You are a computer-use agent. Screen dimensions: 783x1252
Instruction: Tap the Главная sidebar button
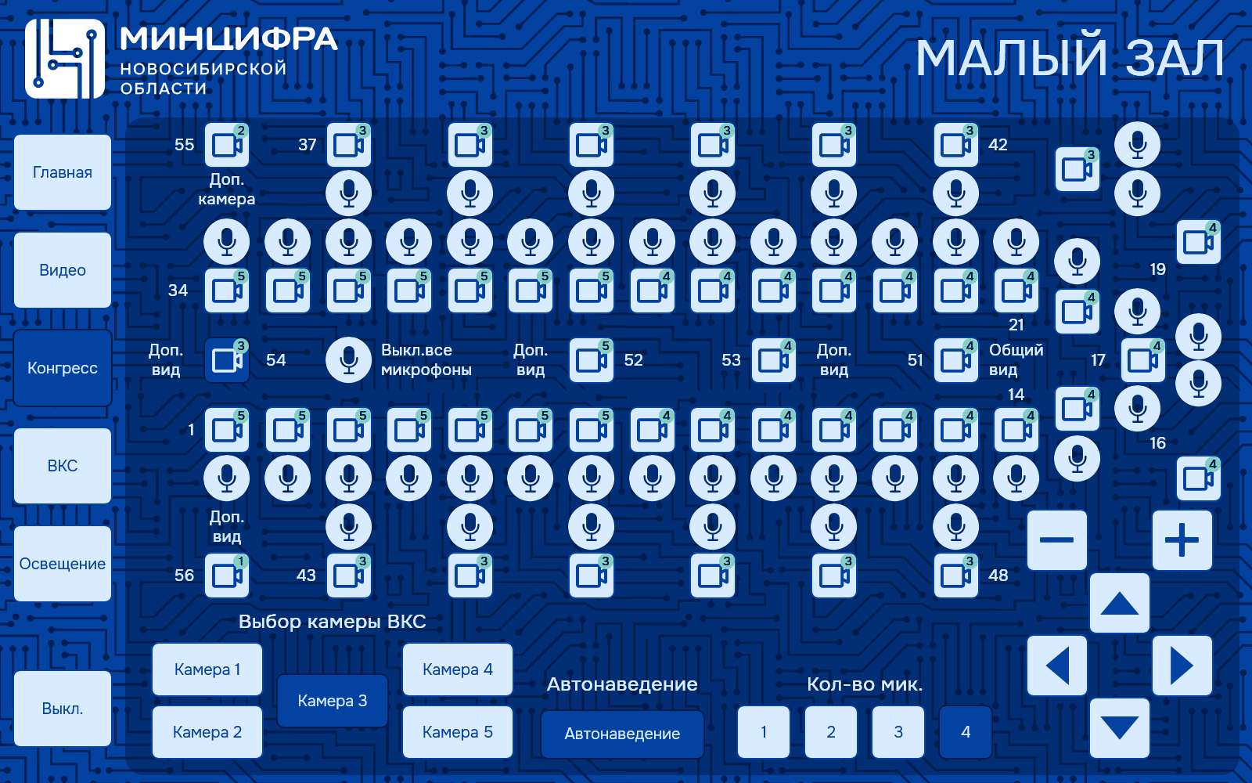coord(63,172)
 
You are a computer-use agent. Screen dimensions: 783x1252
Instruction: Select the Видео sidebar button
coord(63,270)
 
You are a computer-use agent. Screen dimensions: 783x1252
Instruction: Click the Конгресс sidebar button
coord(63,368)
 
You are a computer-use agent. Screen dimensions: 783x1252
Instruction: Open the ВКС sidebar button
coord(63,466)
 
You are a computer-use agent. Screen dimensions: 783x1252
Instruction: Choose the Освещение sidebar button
coord(63,564)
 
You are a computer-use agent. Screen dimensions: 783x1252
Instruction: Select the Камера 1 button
coord(207,669)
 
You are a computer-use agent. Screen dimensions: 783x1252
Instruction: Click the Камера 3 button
coord(333,701)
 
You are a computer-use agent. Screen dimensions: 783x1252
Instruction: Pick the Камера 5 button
coord(458,732)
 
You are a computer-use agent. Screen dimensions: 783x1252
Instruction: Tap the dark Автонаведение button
coord(622,734)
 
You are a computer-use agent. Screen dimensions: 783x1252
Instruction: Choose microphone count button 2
coord(831,732)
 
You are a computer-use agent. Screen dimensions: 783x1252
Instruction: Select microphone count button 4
coord(966,732)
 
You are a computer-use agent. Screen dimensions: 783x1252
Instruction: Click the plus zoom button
coord(1182,540)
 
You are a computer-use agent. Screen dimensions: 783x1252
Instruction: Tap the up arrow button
coord(1120,603)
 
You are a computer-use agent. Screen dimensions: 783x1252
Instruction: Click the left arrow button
coord(1057,666)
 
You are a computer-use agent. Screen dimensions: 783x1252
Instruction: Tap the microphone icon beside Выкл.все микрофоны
coord(349,360)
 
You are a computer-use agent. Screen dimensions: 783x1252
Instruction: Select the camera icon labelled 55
coord(227,145)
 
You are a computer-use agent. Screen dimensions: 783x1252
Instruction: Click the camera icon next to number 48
coord(956,576)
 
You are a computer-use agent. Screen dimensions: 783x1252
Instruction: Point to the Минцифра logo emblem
coord(65,59)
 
